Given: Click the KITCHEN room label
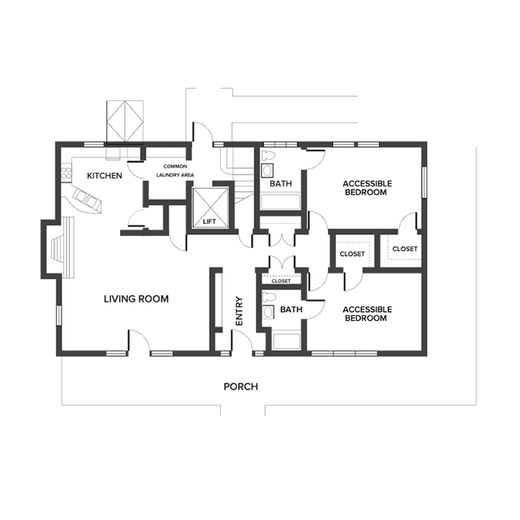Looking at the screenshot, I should click(x=105, y=175).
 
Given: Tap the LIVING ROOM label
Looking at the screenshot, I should click(x=136, y=299).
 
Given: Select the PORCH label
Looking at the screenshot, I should click(x=241, y=386).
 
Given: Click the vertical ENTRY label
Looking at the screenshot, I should click(x=239, y=311).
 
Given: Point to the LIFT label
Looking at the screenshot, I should click(x=210, y=222).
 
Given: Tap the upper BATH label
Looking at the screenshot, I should click(x=281, y=183).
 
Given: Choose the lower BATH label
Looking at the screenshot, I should click(x=291, y=310).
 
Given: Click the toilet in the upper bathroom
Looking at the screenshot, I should click(x=269, y=156).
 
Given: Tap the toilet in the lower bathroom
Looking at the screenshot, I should click(x=269, y=297).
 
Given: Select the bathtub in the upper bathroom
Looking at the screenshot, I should click(x=280, y=202).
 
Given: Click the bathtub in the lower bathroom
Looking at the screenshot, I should click(x=286, y=342).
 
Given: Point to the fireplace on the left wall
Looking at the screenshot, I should click(x=57, y=250).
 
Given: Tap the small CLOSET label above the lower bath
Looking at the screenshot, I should click(x=282, y=282).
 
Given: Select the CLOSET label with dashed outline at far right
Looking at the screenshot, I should click(x=405, y=249).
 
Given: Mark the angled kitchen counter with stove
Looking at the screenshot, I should click(x=86, y=198).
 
